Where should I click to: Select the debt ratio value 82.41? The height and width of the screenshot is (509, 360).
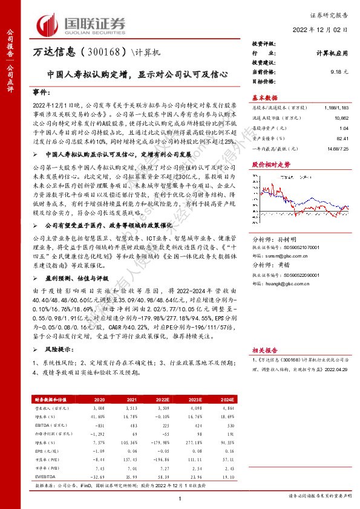(342, 138)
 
